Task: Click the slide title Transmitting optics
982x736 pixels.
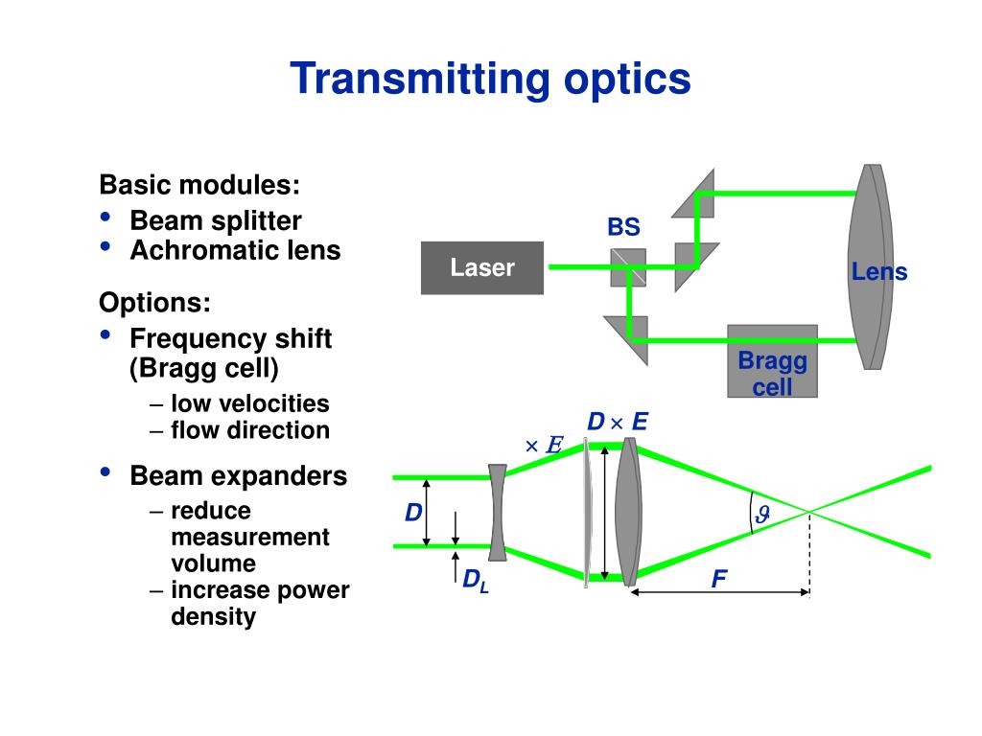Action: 490,79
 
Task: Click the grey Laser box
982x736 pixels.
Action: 482,267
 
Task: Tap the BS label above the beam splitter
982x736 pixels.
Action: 622,228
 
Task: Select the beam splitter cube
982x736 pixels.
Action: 628,267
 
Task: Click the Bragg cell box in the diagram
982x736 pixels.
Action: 772,361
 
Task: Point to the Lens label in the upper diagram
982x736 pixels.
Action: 878,272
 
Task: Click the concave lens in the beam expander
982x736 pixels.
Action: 497,512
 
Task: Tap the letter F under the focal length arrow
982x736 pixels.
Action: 718,579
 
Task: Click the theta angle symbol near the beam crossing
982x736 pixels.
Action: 762,515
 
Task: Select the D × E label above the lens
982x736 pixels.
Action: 618,423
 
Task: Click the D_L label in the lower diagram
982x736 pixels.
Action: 476,580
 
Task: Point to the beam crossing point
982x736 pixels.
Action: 809,512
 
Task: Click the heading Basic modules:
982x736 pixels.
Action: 199,184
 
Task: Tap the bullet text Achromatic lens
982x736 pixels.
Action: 235,251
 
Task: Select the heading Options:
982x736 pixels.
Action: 154,304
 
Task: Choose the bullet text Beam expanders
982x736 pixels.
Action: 238,476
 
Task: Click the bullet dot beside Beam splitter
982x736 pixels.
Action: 105,218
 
